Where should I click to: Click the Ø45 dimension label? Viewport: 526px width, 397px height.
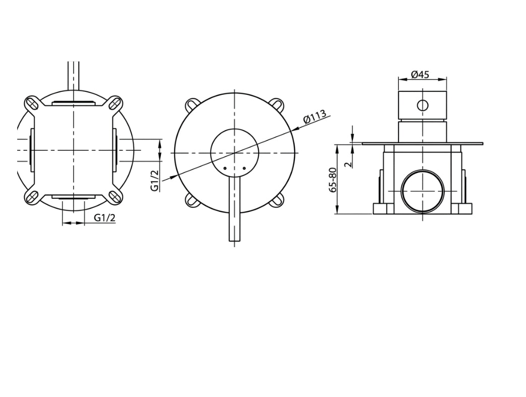pos(419,74)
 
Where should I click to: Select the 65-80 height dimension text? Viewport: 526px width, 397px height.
pos(333,180)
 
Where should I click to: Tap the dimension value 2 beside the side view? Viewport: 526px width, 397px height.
pos(349,164)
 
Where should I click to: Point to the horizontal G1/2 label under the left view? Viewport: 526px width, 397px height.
pos(105,218)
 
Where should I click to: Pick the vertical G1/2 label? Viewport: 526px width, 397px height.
pos(155,180)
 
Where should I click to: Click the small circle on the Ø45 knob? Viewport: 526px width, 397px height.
pos(423,105)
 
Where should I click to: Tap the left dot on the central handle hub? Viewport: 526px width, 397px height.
pos(225,168)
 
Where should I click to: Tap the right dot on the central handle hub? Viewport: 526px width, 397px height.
pos(244,168)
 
